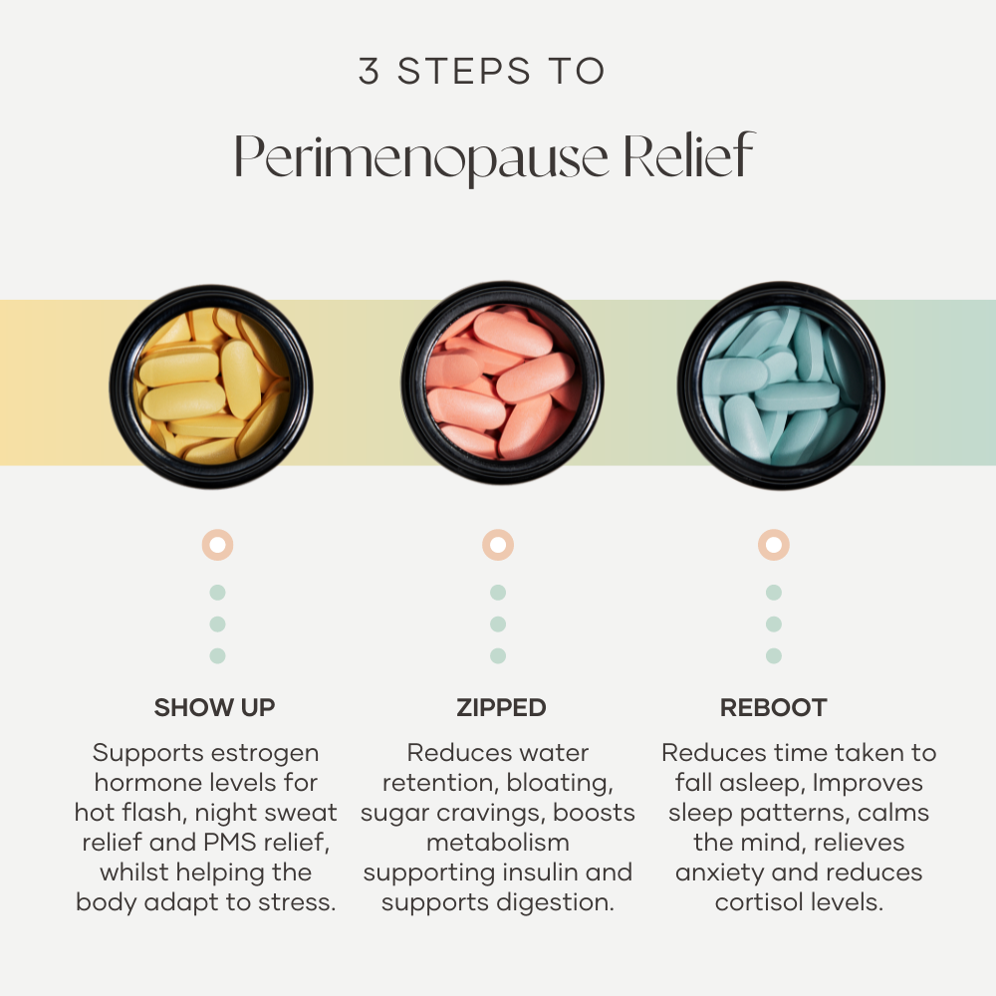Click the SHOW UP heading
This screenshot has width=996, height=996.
[214, 707]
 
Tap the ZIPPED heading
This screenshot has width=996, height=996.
[501, 707]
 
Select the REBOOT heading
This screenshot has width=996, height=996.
[773, 707]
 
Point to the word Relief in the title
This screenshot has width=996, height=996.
[688, 154]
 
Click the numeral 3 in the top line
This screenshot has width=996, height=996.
[369, 71]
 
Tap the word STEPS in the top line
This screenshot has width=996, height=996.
[464, 71]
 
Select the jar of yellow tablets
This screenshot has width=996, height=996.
[211, 386]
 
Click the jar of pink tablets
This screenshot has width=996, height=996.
[502, 383]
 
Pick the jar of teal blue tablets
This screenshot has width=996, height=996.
[781, 384]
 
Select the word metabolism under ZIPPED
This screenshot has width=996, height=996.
[497, 843]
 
